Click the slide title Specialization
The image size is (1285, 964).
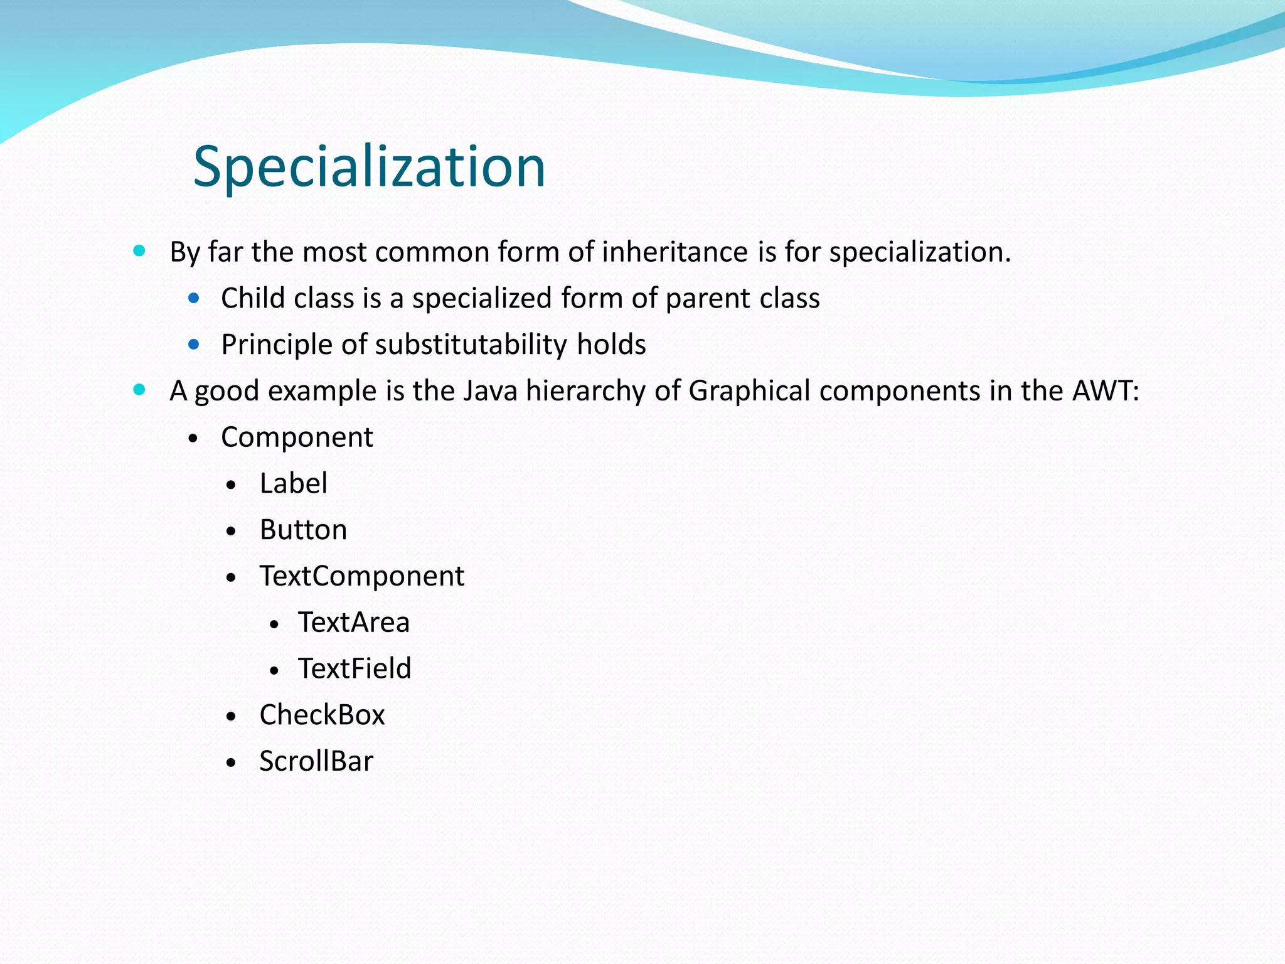click(369, 166)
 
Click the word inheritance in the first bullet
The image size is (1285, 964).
click(674, 252)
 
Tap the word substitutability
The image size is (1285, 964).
click(471, 345)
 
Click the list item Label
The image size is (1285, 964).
click(293, 484)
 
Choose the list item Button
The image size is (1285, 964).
click(303, 530)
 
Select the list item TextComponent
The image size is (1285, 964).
click(362, 576)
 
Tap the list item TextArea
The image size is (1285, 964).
click(354, 623)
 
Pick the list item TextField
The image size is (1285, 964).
click(355, 668)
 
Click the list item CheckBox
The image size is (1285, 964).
click(322, 715)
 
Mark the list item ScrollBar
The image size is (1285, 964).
click(316, 761)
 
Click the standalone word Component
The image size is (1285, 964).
click(297, 437)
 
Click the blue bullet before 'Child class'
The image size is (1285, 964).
click(194, 298)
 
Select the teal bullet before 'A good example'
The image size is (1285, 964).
click(139, 390)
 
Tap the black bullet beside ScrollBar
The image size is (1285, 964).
click(232, 763)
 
